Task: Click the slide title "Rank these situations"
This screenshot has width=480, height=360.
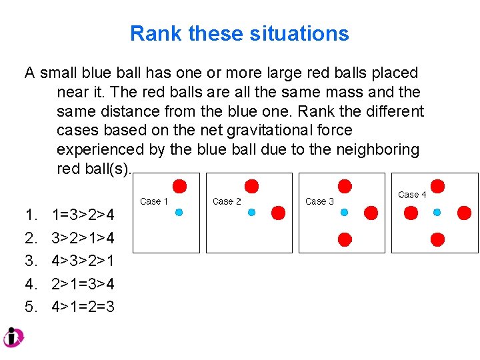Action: tap(239, 33)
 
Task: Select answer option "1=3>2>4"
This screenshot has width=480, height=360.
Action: tap(83, 215)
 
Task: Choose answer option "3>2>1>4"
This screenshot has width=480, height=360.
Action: tap(83, 238)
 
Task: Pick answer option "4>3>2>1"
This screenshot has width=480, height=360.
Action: tap(83, 261)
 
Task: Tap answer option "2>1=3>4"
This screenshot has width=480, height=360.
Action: tap(83, 284)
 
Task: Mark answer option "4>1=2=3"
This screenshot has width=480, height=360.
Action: tap(83, 307)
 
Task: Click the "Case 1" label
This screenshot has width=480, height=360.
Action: tap(154, 201)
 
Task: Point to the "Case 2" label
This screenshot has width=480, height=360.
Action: tap(227, 201)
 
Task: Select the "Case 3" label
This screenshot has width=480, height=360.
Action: tap(319, 201)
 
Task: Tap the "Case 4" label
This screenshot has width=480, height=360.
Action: tap(412, 195)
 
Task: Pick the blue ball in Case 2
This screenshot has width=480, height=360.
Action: tap(252, 212)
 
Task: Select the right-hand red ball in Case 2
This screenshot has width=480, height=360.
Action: tap(279, 213)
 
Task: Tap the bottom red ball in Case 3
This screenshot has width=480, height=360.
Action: tap(345, 239)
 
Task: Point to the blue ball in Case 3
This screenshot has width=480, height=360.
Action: tap(345, 212)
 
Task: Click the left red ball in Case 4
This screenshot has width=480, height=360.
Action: tap(411, 213)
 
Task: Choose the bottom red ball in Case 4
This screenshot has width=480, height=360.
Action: tap(437, 239)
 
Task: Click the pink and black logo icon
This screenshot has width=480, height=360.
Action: tap(13, 337)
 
